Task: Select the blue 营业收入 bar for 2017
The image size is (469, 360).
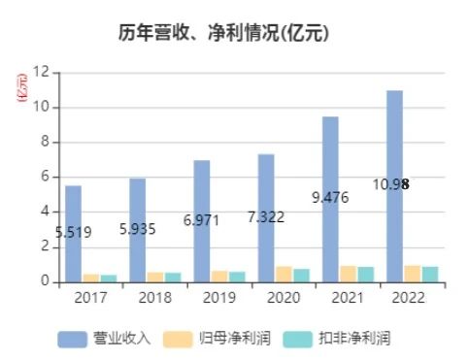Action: coord(74,234)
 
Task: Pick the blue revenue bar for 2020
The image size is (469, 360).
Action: coord(266,218)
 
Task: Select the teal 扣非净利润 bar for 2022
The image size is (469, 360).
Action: coord(429,274)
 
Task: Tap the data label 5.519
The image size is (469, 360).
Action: coord(73,232)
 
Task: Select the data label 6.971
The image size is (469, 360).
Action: coord(202,220)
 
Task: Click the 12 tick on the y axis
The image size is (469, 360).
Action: coord(42,72)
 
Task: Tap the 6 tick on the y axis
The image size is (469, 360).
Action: coord(45,177)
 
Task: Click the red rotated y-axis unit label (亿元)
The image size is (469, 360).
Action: coord(20,88)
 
